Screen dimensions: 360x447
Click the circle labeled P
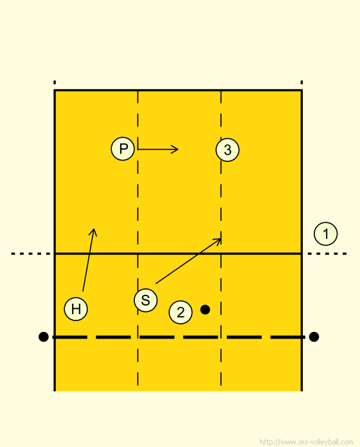pos(123,148)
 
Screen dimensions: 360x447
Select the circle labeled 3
pos(228,150)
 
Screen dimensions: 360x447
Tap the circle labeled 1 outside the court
pos(325,234)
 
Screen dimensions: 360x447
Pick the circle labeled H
pos(76,309)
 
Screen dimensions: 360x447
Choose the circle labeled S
pos(145,300)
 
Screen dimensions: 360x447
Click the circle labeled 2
pos(181,312)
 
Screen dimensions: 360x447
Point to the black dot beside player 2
pos(205,310)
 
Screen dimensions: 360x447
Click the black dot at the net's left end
pos(43,337)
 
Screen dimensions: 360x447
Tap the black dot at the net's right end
pos(314,337)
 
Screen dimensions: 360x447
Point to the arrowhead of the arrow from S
pos(221,239)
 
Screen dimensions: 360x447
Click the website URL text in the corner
pos(307,442)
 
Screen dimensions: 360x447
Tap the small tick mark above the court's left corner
pos(55,82)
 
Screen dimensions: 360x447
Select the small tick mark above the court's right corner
pos(301,82)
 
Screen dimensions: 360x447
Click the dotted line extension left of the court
pos(30,254)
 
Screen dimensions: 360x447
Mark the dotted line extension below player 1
pos(327,254)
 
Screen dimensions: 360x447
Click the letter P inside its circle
pos(123,149)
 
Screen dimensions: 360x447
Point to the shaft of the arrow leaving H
pos(88,260)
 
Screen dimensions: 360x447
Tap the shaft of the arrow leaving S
pos(188,261)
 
